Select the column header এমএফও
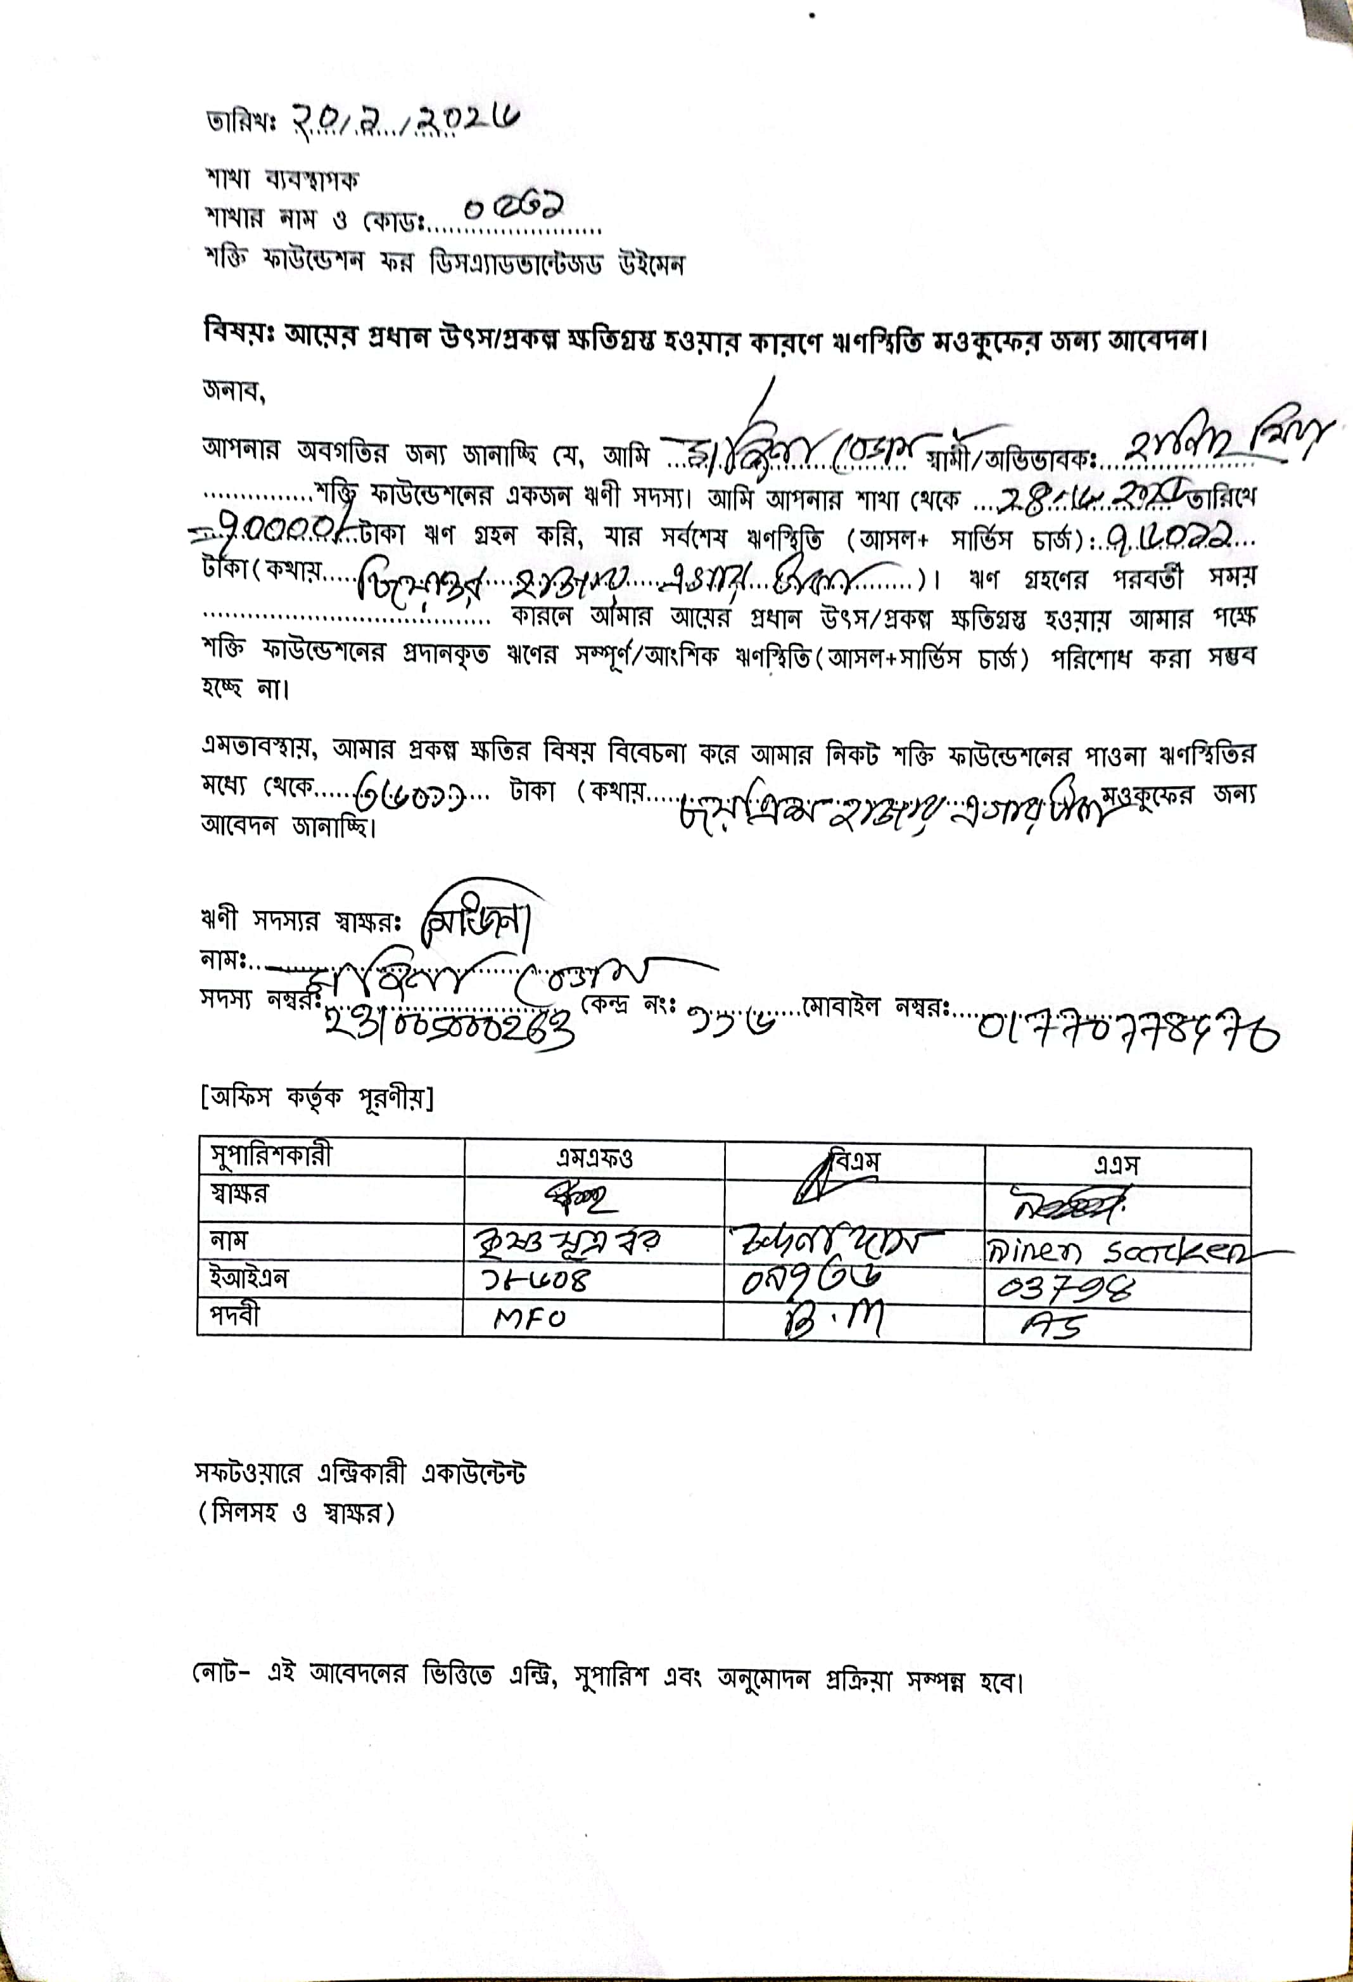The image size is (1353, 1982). click(594, 1158)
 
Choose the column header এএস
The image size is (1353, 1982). click(1117, 1163)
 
